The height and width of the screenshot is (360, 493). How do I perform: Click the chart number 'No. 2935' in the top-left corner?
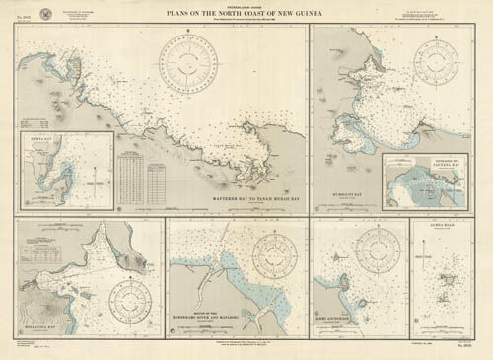click(25, 19)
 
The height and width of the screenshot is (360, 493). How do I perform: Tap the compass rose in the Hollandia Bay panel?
click(131, 297)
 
